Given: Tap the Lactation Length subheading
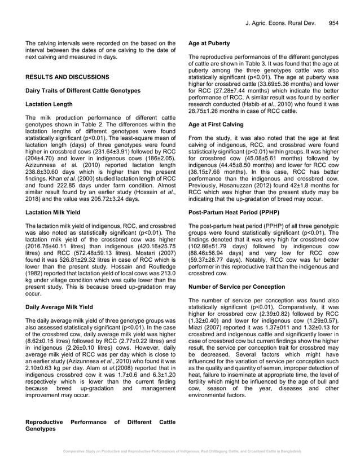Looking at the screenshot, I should [49, 104].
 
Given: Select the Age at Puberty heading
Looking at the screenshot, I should [210, 42].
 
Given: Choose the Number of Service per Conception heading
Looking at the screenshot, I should [236, 287].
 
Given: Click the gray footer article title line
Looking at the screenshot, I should [180, 451].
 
